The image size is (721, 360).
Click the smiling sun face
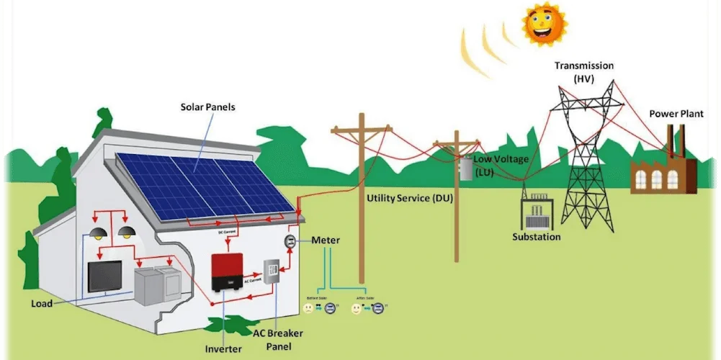(x=545, y=23)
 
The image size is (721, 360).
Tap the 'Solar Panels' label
(x=207, y=107)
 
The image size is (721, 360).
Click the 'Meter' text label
(x=326, y=240)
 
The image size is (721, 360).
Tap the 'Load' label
(x=42, y=304)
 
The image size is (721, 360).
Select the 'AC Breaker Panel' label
(x=278, y=339)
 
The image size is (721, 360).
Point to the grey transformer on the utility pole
(x=466, y=168)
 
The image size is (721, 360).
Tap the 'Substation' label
(x=536, y=237)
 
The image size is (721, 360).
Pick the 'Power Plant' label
(x=676, y=114)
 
